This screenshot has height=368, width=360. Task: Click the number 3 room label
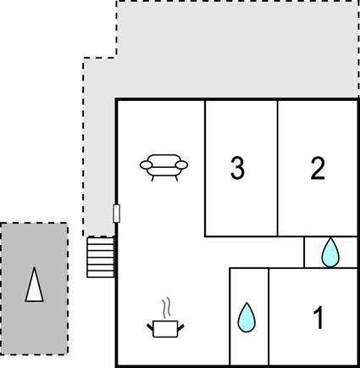pyautogui.click(x=237, y=168)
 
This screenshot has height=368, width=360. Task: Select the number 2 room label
pyautogui.click(x=318, y=168)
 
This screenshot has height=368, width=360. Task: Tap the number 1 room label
pyautogui.click(x=318, y=318)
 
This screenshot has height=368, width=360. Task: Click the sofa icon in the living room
pyautogui.click(x=163, y=167)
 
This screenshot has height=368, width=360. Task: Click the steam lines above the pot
pyautogui.click(x=167, y=308)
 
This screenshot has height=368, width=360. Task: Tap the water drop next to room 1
pyautogui.click(x=246, y=317)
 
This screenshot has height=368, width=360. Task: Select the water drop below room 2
pyautogui.click(x=330, y=253)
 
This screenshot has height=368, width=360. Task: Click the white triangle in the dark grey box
pyautogui.click(x=35, y=285)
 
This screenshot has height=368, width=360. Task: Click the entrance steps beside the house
pyautogui.click(x=101, y=257)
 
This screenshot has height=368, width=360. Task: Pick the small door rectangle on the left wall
pyautogui.click(x=116, y=214)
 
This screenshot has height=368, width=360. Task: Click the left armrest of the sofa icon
pyautogui.click(x=146, y=164)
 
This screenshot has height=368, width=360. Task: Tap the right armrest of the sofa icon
pyautogui.click(x=181, y=164)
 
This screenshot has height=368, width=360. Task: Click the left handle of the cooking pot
pyautogui.click(x=150, y=327)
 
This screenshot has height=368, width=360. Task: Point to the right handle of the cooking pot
pyautogui.click(x=181, y=327)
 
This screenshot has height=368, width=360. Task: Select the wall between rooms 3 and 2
pyautogui.click(x=278, y=168)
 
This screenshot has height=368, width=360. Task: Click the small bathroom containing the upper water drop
pyautogui.click(x=330, y=252)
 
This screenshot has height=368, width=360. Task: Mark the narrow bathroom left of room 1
pyautogui.click(x=249, y=316)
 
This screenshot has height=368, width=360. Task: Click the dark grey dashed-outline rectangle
pyautogui.click(x=34, y=288)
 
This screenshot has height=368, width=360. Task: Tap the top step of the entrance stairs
pyautogui.click(x=101, y=240)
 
